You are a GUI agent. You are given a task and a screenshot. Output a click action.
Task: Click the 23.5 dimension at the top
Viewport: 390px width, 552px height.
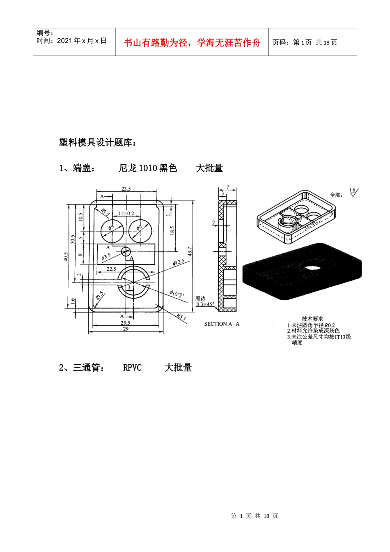(x=126, y=189)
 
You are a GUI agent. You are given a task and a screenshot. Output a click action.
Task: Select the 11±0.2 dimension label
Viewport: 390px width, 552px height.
(x=126, y=213)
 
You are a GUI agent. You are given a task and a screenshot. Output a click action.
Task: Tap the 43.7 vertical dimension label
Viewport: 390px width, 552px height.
(x=190, y=251)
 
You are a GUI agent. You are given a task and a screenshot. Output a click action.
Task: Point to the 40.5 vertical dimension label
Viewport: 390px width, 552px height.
(x=66, y=257)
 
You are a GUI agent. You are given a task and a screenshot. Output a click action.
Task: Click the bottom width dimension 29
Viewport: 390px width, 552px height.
(x=126, y=329)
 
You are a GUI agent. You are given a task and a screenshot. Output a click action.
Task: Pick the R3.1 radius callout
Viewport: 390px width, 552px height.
(x=181, y=317)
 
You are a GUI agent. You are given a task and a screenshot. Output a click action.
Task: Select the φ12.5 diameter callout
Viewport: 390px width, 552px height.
(x=178, y=262)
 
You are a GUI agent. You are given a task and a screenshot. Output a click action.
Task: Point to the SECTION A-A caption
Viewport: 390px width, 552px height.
(x=222, y=324)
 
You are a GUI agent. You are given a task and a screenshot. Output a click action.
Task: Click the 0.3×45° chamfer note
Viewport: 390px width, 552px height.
(x=205, y=304)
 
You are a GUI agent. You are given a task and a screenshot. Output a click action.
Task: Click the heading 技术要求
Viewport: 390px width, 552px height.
(x=312, y=319)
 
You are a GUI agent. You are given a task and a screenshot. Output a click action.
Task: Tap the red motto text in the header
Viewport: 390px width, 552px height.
(x=192, y=43)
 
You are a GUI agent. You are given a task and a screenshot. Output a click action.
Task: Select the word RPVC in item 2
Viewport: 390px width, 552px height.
(x=132, y=368)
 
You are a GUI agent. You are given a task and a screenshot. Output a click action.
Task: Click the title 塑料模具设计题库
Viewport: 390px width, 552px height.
(x=98, y=143)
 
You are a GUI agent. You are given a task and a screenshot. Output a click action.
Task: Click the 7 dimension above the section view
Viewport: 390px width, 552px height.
(x=227, y=188)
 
